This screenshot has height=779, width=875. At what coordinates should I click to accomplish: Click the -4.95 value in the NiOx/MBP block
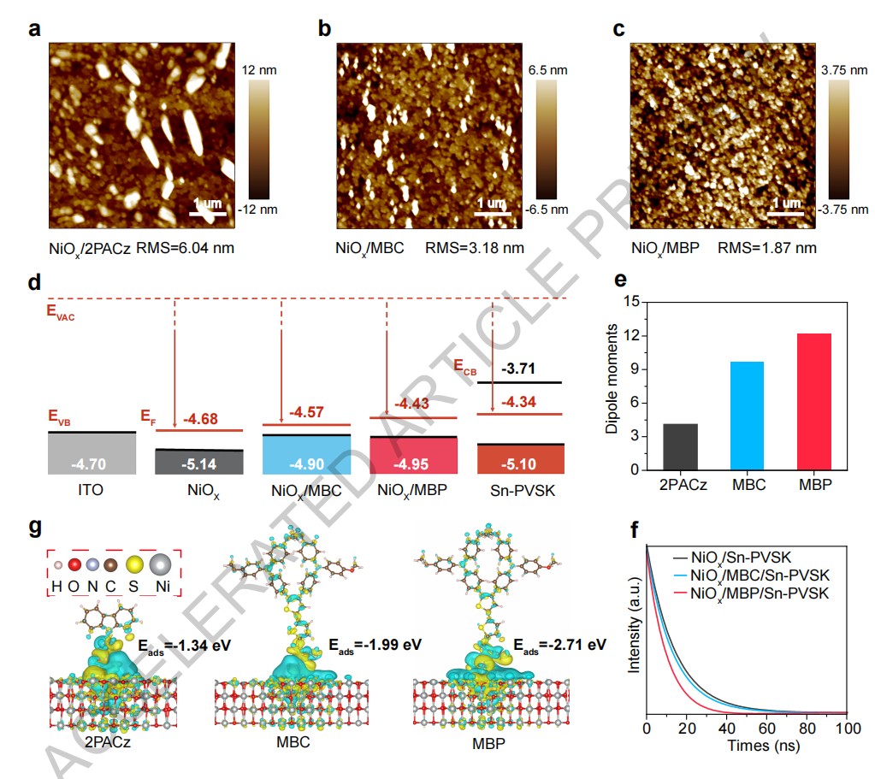[x=413, y=463]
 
